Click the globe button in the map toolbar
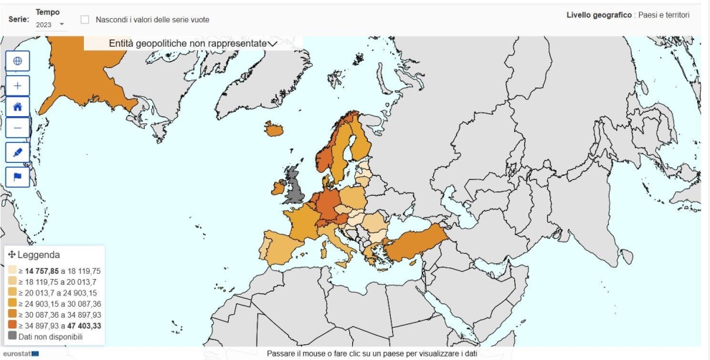coord(18,61)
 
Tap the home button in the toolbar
coord(18,106)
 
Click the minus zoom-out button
coord(18,128)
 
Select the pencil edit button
coord(18,152)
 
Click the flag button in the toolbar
coord(18,176)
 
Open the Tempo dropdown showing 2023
coord(50,24)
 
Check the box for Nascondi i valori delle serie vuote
coord(85,19)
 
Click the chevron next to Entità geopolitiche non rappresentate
coord(272,44)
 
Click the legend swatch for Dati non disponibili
coord(12,336)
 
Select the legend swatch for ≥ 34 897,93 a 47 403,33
coord(12,325)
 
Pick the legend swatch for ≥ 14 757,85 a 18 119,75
coord(12,270)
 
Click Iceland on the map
coord(274,129)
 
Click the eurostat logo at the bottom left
coord(20,354)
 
